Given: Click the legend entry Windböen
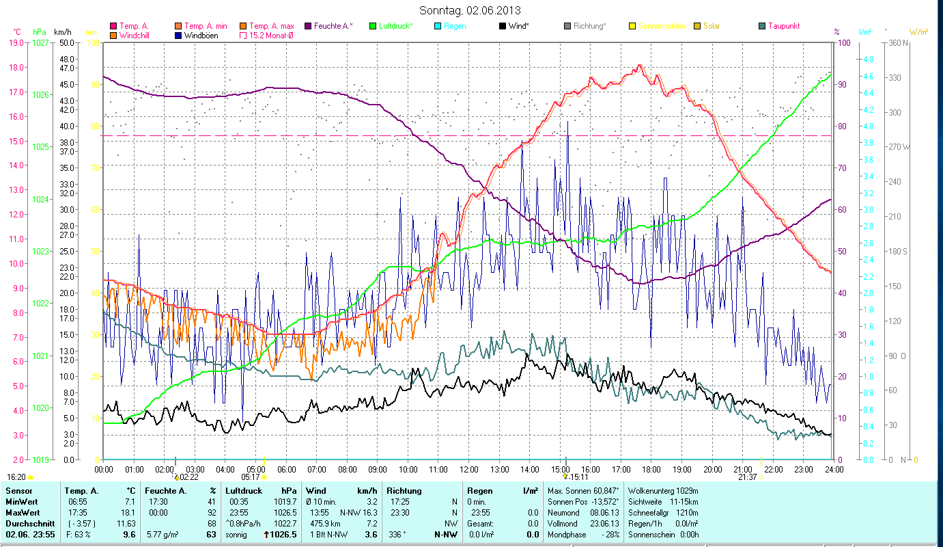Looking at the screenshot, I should coord(201,36).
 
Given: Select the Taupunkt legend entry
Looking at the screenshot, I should coord(783,26).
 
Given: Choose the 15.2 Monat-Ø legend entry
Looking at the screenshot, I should coord(271,36).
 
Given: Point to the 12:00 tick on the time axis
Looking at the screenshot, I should coord(469,470).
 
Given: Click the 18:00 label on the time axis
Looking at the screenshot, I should coord(651,470).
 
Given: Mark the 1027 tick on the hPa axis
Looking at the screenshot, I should coord(40,43).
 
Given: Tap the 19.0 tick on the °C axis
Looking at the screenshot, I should coord(16,43).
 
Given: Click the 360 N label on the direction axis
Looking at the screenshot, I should coord(899,43).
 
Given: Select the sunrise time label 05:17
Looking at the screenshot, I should coord(251,477).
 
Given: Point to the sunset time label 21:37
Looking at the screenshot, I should coord(747,477).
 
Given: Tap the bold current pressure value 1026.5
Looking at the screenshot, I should coord(284,535).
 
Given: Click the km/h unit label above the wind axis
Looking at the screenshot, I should coord(62,32).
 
